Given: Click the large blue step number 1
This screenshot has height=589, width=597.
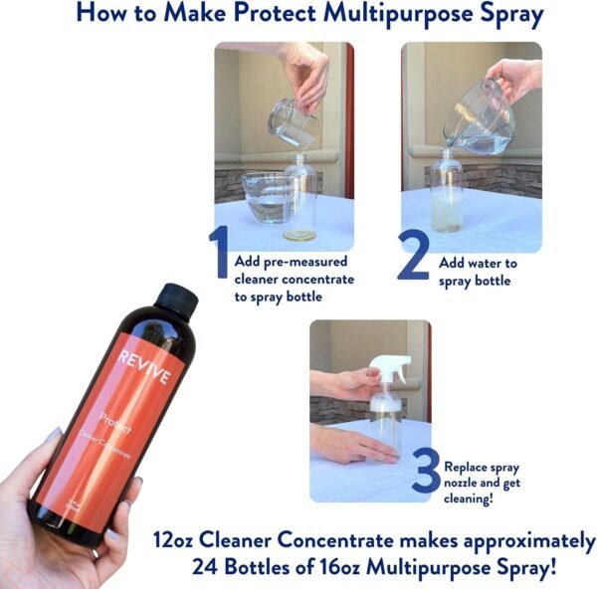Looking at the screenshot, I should [218, 253].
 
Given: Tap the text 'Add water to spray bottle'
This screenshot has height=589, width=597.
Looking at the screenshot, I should [479, 272].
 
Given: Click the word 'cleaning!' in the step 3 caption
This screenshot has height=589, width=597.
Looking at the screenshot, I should [473, 497].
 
